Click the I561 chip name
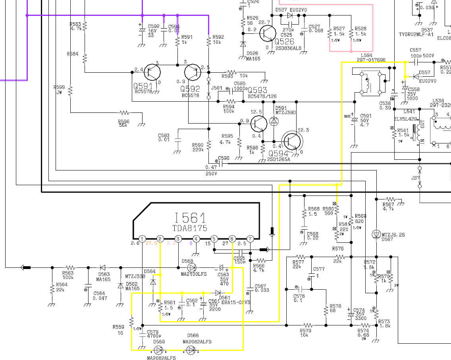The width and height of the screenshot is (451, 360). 190,218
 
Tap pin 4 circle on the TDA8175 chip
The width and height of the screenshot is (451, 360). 196,239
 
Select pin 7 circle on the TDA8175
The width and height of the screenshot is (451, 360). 250,239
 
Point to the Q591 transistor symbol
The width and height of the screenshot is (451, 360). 152,72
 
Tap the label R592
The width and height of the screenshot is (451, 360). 218,37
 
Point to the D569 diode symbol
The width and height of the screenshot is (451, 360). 159,350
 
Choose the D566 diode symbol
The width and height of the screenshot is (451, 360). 192,350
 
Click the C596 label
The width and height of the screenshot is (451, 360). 224,158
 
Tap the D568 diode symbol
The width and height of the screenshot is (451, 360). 192,267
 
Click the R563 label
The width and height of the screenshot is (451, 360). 68,273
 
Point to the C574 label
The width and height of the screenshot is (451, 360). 359,310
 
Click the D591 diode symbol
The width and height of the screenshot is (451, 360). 274,122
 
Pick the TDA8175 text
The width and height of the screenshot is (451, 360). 190,228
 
